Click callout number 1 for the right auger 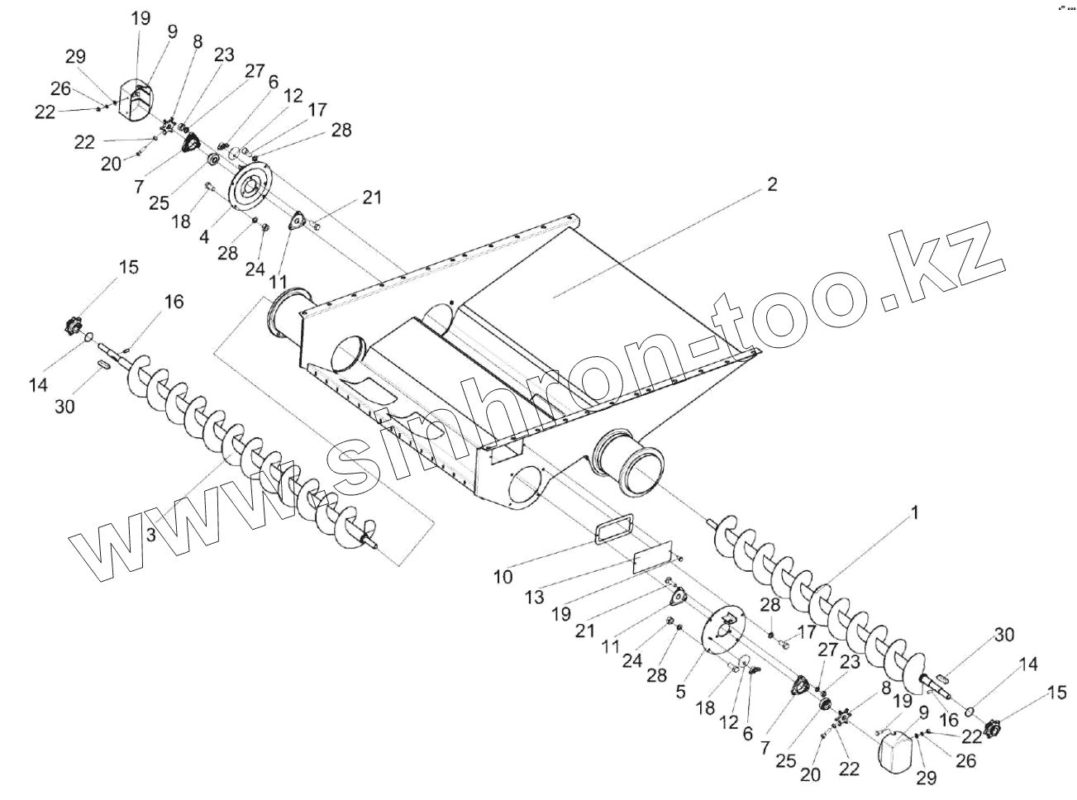(x=914, y=512)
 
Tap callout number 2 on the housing (x=771, y=184)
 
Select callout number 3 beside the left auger (x=150, y=535)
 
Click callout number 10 (x=503, y=576)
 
